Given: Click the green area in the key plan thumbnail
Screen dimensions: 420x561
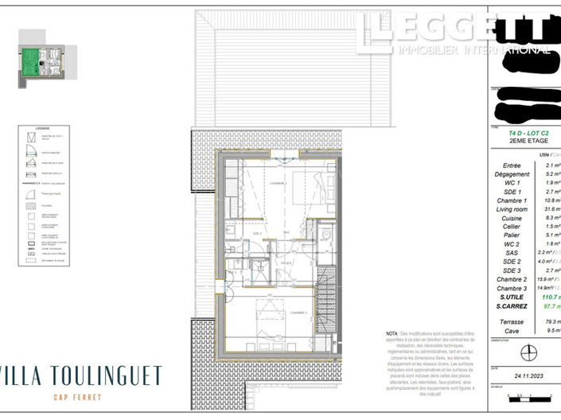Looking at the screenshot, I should [x=30, y=59].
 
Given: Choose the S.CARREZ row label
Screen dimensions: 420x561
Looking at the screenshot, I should [x=513, y=305].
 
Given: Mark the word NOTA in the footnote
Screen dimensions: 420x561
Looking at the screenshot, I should [x=392, y=332].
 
